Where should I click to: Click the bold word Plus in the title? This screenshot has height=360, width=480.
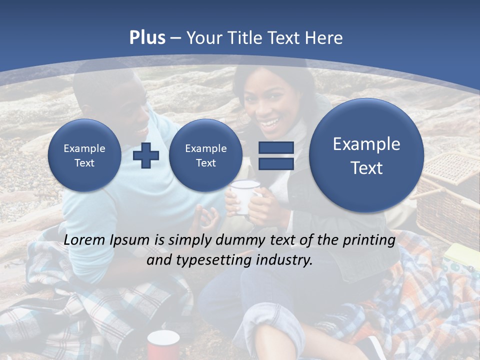click(147, 38)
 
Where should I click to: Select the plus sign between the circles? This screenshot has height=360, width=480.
click(146, 155)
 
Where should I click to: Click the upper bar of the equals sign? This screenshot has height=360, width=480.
click(276, 147)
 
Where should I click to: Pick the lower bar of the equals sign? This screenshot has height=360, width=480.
click(276, 164)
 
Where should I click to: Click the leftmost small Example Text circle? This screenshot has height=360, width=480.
click(84, 155)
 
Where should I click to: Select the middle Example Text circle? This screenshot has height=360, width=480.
click(205, 155)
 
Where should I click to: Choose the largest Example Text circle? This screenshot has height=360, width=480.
click(366, 155)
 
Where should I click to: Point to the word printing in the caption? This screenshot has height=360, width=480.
click(369, 240)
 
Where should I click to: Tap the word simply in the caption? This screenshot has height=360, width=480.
click(190, 240)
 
